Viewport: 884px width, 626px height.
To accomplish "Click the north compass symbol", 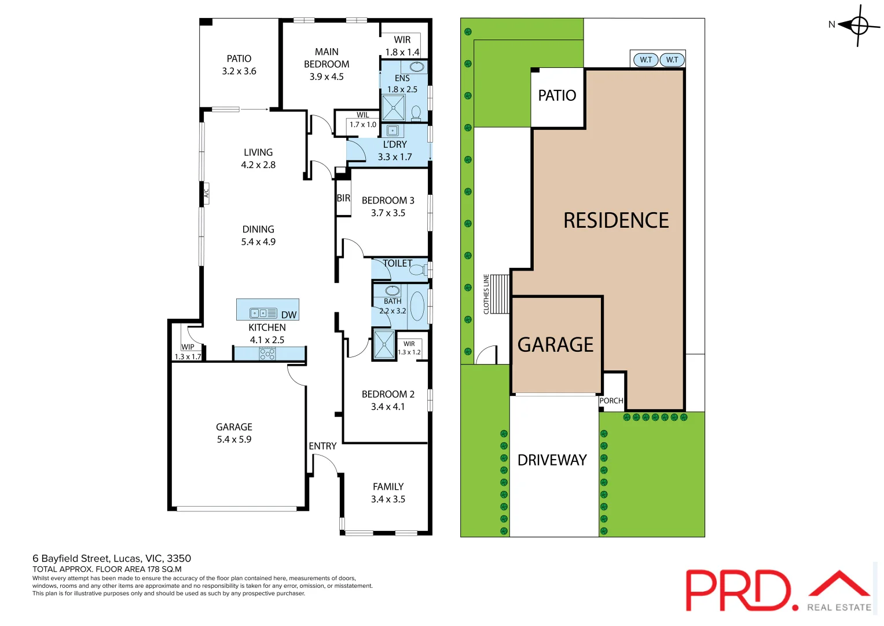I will tap(859, 25).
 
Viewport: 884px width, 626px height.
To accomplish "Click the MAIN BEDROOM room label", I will tap(327, 64).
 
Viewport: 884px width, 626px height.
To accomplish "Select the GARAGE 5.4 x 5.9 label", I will tap(234, 433).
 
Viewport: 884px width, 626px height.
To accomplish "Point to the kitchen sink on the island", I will tap(263, 313).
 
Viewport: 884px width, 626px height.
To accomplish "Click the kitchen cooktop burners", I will tap(267, 354).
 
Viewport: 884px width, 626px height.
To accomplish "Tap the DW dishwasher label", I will tap(288, 315).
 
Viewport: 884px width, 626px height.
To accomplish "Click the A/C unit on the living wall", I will tap(206, 193).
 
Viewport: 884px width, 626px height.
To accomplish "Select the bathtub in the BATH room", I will tap(417, 307).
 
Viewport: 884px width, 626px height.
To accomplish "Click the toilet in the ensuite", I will tap(416, 111).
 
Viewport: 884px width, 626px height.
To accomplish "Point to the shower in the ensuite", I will tap(394, 108).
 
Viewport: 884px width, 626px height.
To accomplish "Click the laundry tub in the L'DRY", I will tap(393, 130).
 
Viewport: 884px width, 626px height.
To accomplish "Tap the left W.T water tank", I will tap(645, 60).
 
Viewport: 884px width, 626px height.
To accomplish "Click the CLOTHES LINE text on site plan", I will tap(486, 294).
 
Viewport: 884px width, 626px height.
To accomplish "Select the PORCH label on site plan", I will tap(611, 401).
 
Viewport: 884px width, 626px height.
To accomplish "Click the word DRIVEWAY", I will tap(552, 460).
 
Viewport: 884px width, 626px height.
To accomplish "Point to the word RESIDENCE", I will tap(616, 221).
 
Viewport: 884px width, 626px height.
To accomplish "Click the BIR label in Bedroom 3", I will tap(343, 198).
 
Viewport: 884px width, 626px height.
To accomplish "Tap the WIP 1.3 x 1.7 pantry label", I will tap(188, 352).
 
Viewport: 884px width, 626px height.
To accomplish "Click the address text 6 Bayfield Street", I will tap(112, 558).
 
